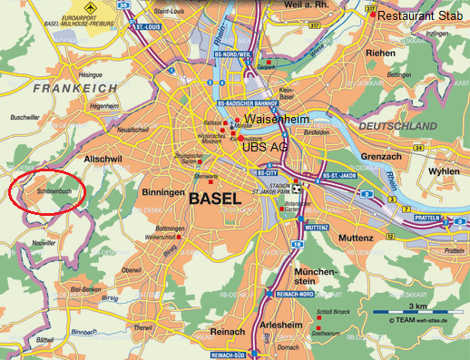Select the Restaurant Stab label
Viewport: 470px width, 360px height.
(x=422, y=15)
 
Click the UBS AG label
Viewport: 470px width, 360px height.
(x=266, y=145)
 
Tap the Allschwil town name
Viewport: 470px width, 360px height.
(x=103, y=158)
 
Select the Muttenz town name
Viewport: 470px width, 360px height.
(x=356, y=238)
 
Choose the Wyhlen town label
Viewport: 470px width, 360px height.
(x=444, y=171)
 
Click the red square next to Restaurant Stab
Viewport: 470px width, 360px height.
(x=372, y=15)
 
